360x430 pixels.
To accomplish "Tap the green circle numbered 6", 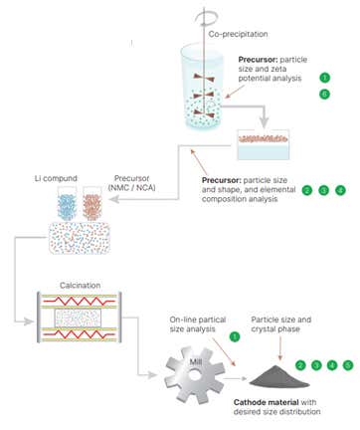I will (x=324, y=94).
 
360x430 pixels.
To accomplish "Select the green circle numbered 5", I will (x=348, y=365).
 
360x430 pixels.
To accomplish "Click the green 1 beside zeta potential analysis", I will (x=324, y=77).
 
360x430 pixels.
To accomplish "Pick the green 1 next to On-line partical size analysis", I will (x=235, y=337).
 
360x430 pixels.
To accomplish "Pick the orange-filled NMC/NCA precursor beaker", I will (x=95, y=206).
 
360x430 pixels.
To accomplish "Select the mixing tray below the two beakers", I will (x=83, y=238).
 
